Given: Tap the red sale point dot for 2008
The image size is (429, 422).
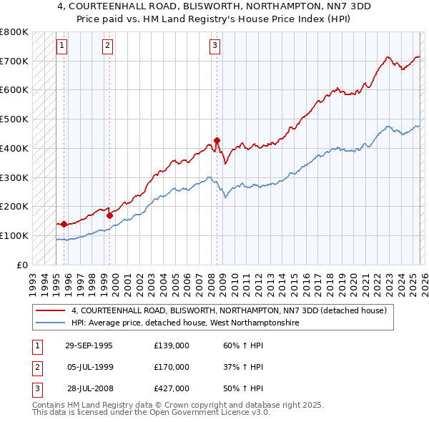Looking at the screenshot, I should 217,140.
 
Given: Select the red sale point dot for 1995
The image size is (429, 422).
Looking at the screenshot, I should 64,224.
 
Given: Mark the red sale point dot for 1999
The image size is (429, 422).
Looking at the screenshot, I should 109,215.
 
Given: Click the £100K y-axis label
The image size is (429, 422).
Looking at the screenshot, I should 14,235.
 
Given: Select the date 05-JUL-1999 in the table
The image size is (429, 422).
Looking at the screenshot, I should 89,367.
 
